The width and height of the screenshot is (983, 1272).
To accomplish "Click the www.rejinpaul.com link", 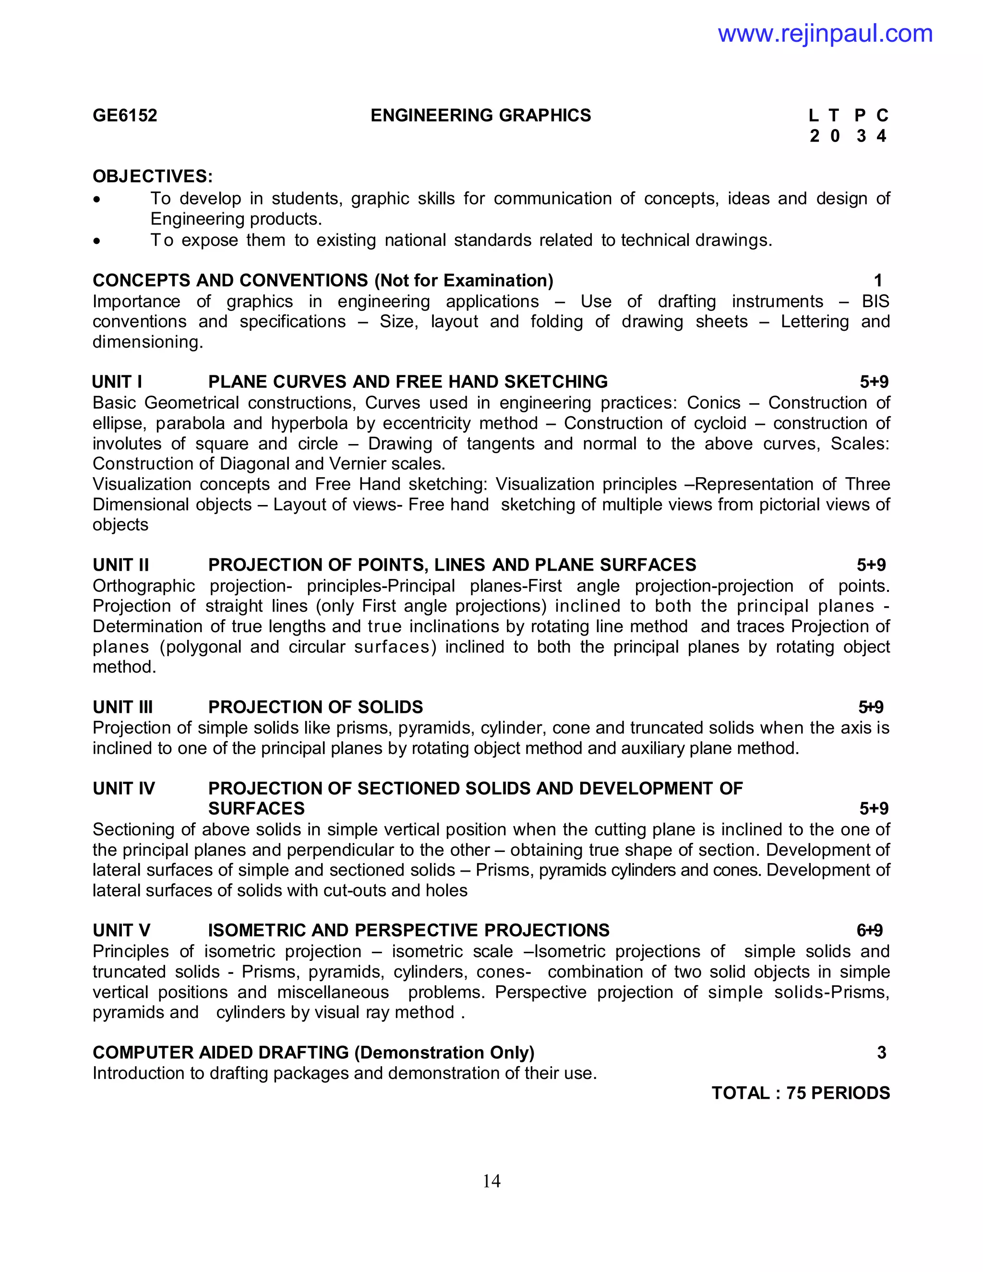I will (x=825, y=34).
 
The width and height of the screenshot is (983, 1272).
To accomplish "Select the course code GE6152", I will (x=125, y=115).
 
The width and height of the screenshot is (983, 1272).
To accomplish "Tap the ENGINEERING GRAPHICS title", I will (x=480, y=115).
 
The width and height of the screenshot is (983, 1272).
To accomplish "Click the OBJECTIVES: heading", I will (x=153, y=176).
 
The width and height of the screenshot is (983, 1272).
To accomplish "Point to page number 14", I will (x=491, y=1181).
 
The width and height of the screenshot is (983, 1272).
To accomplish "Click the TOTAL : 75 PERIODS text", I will (x=800, y=1092).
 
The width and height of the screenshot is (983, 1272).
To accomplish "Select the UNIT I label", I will (x=117, y=382).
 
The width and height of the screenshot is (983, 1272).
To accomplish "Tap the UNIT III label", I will (x=122, y=707).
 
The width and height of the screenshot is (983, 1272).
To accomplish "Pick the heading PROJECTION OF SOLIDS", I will (x=316, y=707).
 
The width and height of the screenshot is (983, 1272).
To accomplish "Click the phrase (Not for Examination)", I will (x=464, y=280).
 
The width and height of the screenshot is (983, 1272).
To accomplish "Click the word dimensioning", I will (x=147, y=342).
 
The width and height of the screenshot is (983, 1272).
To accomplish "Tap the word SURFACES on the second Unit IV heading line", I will (x=256, y=808).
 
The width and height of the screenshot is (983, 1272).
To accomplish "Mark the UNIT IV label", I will (x=123, y=788).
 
